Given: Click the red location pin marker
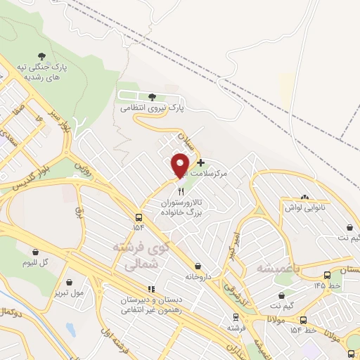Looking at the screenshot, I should pos(181,166).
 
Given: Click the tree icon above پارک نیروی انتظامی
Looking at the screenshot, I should pos(152,97).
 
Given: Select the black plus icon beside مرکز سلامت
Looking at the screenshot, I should pos(200,162).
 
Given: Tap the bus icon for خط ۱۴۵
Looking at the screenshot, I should pos(327,275).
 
